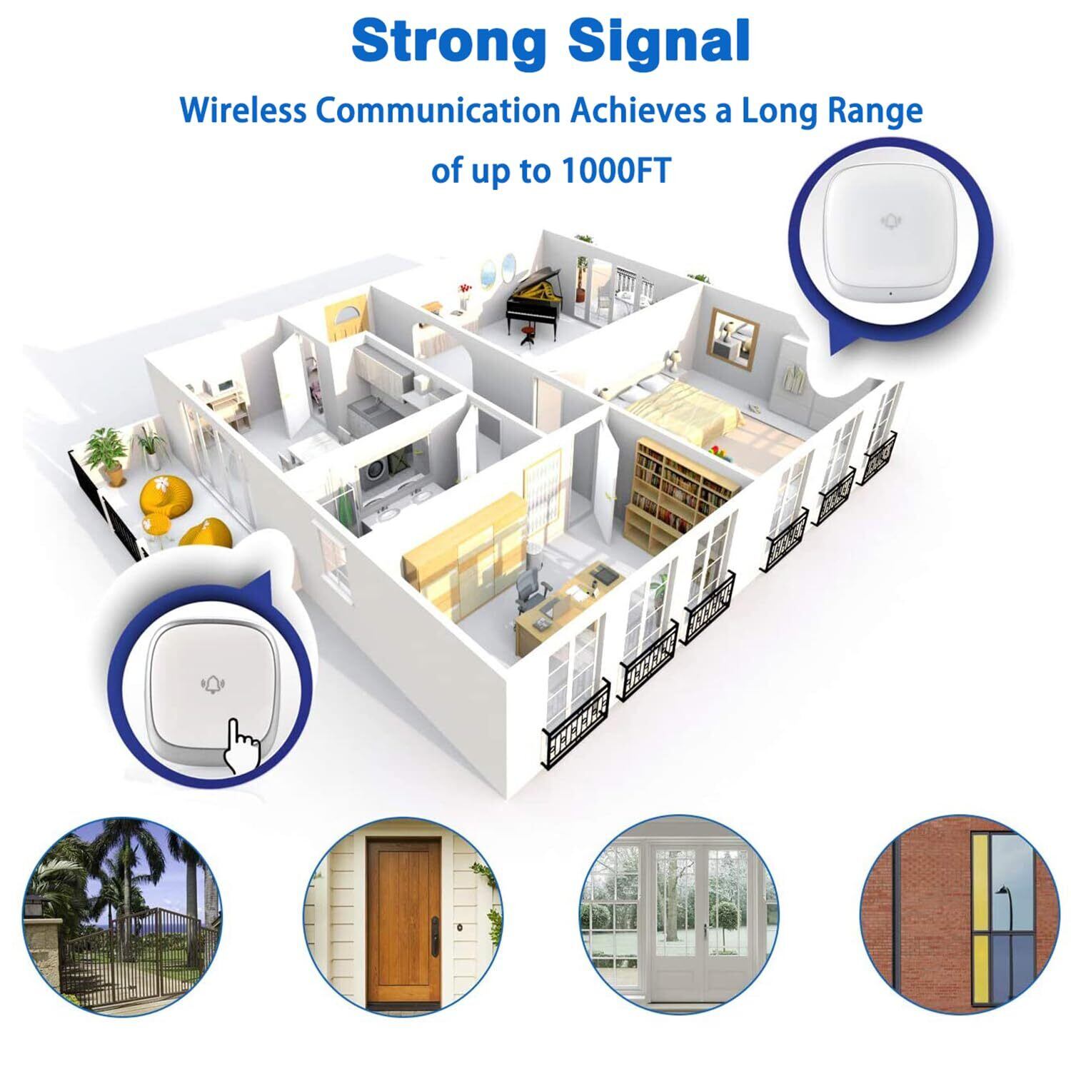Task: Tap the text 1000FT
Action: click(616, 171)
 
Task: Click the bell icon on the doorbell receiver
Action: click(890, 221)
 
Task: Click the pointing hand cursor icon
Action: click(241, 746)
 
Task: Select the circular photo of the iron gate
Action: click(121, 917)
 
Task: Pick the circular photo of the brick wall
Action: click(960, 917)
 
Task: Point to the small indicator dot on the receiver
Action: click(890, 293)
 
